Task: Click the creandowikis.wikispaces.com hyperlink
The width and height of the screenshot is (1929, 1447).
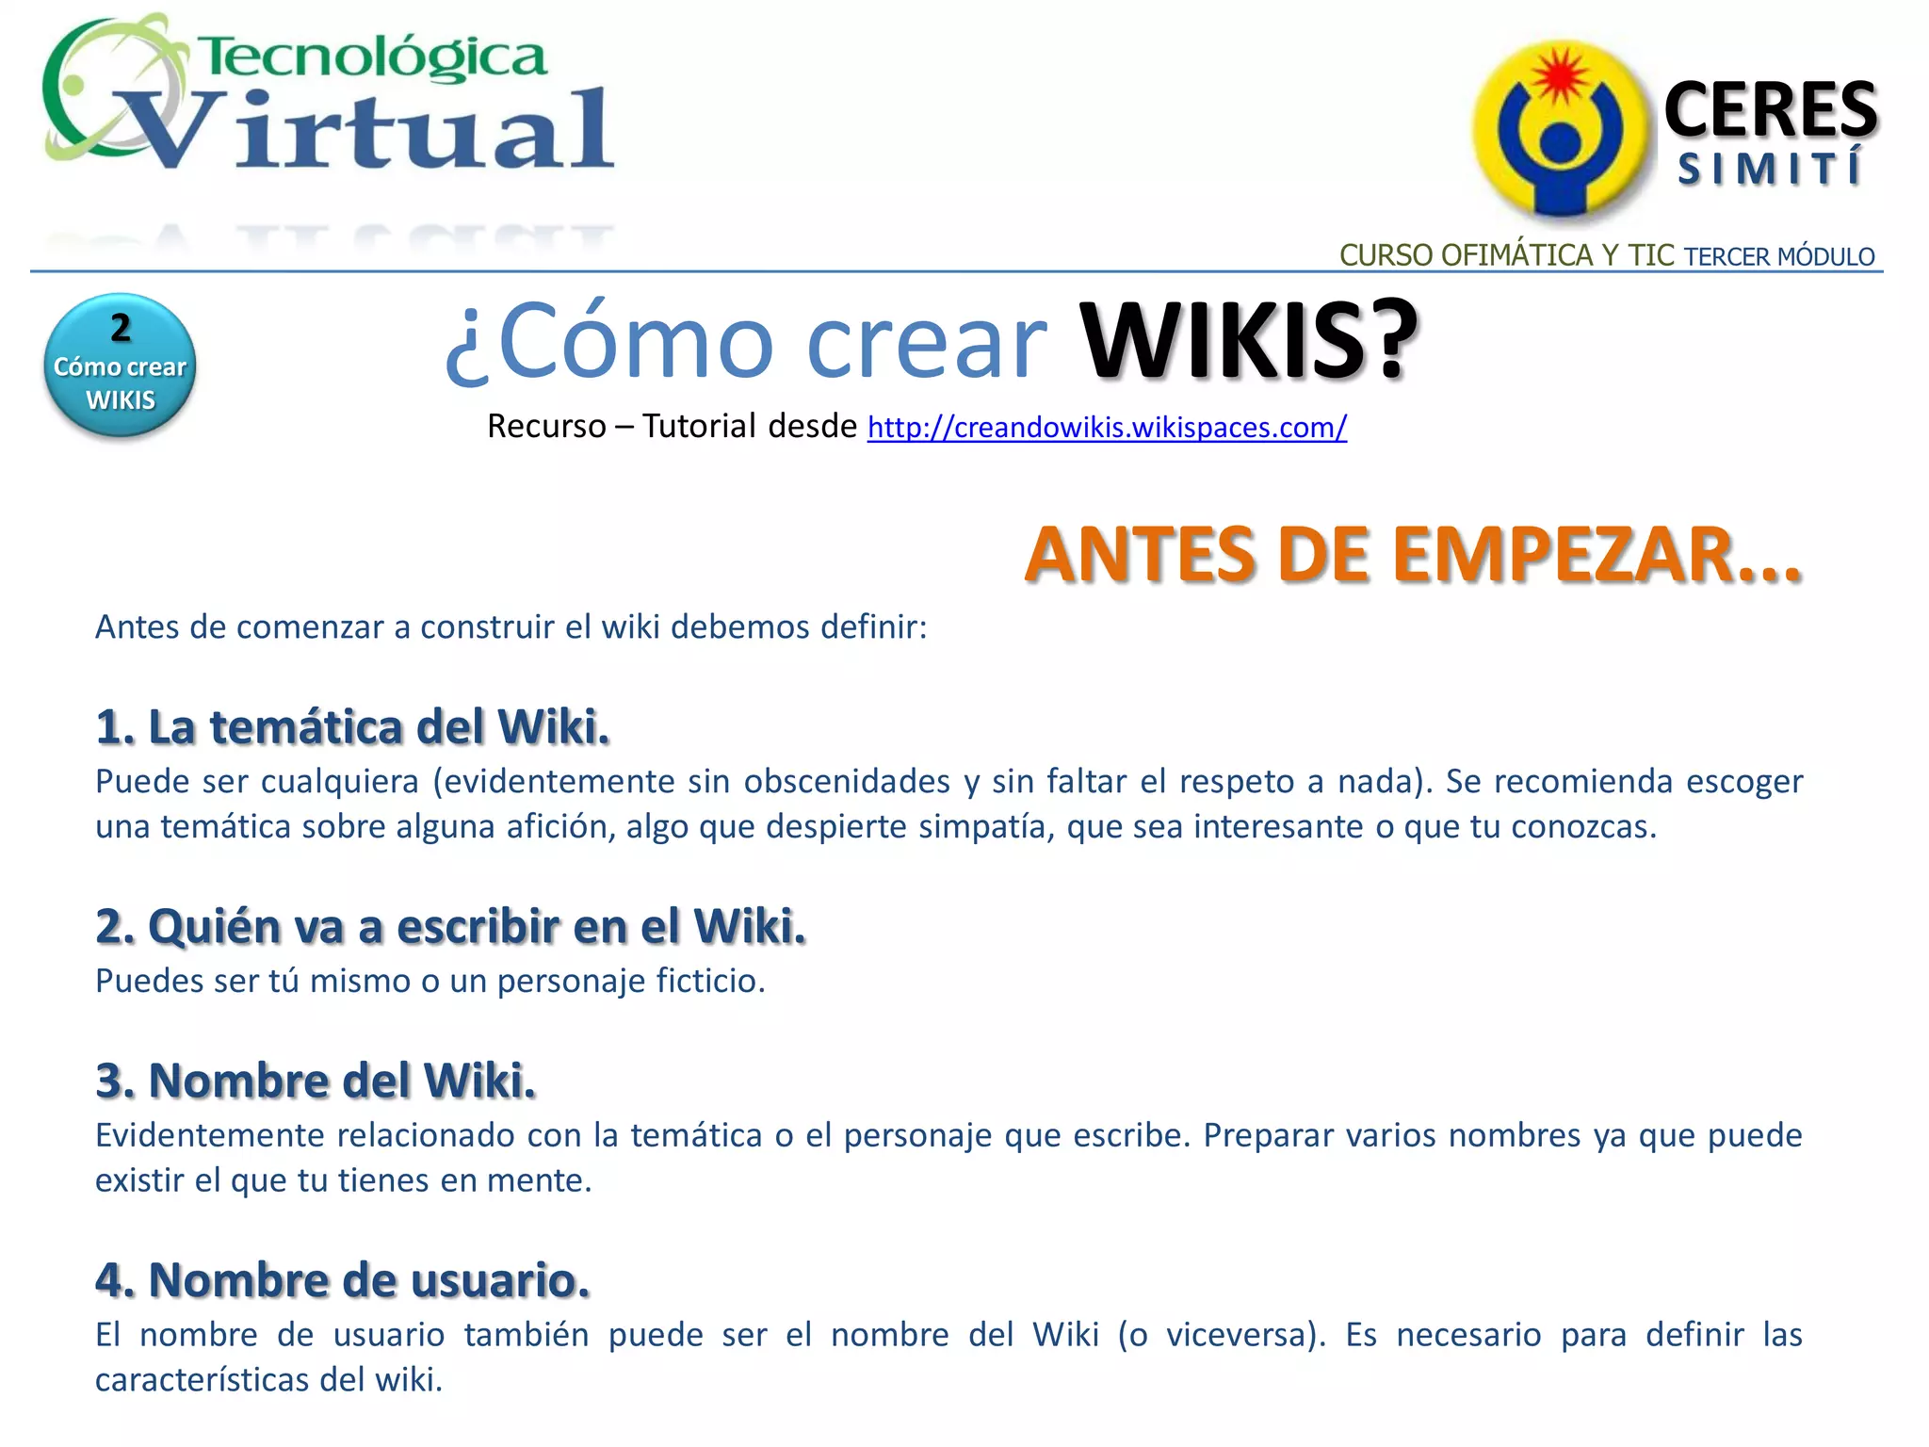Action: click(x=1107, y=428)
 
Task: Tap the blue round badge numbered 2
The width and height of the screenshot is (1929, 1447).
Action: click(x=120, y=366)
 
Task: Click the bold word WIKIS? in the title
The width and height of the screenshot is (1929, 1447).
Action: click(x=1248, y=341)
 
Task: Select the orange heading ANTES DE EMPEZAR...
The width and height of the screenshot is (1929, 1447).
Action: click(x=1412, y=555)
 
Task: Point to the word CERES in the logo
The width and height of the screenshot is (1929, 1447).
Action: click(x=1771, y=110)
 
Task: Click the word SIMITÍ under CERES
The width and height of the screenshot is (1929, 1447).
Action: click(x=1769, y=170)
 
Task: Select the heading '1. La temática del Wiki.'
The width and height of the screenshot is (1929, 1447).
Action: click(x=353, y=727)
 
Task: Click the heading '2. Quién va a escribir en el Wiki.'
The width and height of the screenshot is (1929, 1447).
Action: click(x=451, y=926)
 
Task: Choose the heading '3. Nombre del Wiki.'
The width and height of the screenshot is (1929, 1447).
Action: click(x=316, y=1081)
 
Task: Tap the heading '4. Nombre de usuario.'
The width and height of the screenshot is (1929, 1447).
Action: click(x=343, y=1280)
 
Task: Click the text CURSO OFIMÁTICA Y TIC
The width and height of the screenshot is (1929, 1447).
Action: click(x=1506, y=255)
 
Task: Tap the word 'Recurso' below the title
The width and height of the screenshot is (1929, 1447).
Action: click(x=546, y=427)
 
